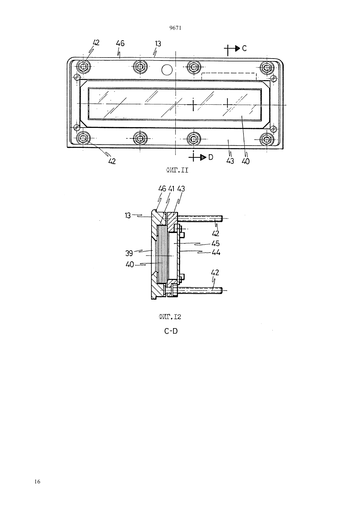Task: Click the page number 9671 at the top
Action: click(x=175, y=28)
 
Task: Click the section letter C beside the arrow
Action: click(x=244, y=48)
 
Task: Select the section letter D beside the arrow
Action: click(x=211, y=157)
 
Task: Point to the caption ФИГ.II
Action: click(x=177, y=170)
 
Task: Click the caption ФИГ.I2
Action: click(x=170, y=317)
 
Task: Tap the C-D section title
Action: click(x=171, y=331)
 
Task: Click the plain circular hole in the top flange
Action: click(x=167, y=70)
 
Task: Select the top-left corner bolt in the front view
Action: click(x=83, y=67)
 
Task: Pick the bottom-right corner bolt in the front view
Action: click(x=266, y=138)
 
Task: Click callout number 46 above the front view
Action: click(x=120, y=43)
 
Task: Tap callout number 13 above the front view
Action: click(x=158, y=44)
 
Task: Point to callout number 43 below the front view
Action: click(x=230, y=161)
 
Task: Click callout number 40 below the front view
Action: click(x=246, y=161)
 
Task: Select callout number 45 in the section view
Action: click(x=215, y=243)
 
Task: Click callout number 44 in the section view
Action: click(x=216, y=253)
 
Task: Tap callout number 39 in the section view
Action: click(x=129, y=253)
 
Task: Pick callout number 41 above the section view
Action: click(x=171, y=189)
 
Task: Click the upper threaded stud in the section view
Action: click(x=200, y=219)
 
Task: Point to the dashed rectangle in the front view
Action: click(x=229, y=73)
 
